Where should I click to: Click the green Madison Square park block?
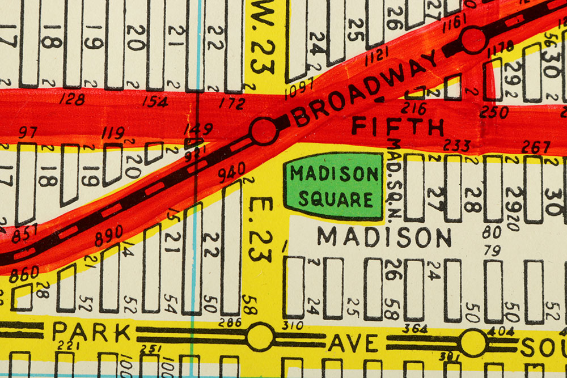click(334, 186)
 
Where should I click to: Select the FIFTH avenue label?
click(397, 125)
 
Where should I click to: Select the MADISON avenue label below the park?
click(384, 237)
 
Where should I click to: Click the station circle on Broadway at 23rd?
click(264, 131)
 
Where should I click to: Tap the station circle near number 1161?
click(473, 40)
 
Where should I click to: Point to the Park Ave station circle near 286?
click(260, 337)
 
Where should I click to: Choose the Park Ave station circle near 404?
click(473, 343)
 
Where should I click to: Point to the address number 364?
click(414, 328)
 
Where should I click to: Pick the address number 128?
click(71, 100)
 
